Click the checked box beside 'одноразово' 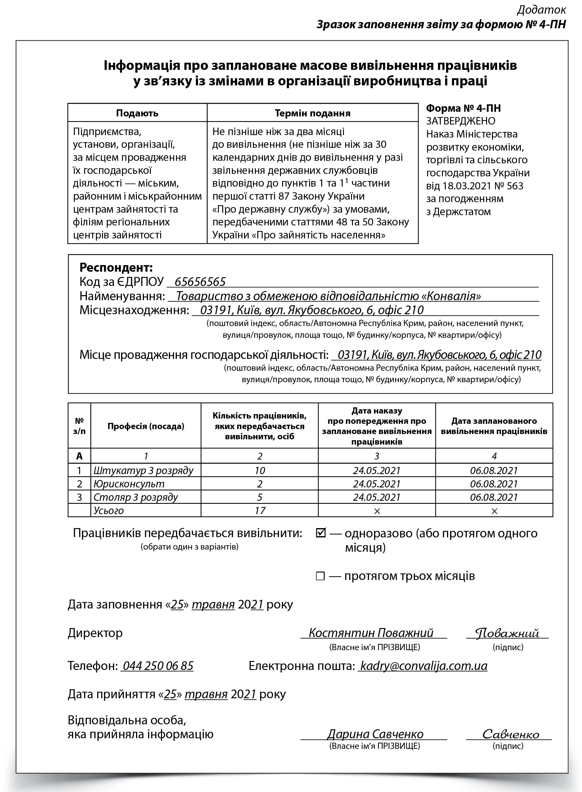coord(321,533)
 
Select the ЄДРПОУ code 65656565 coord(200,282)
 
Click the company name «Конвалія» coord(328,296)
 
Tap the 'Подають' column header coord(137,113)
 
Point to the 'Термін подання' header coord(313,113)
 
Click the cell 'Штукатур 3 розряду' coord(143,470)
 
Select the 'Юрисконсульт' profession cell coord(129,484)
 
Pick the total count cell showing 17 coord(259,510)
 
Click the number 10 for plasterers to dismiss coord(259,470)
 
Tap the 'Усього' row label coord(109,510)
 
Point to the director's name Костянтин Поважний coord(371,633)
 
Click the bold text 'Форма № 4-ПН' coord(463,108)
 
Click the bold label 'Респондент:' coord(116,268)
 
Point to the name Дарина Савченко coord(375,734)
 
